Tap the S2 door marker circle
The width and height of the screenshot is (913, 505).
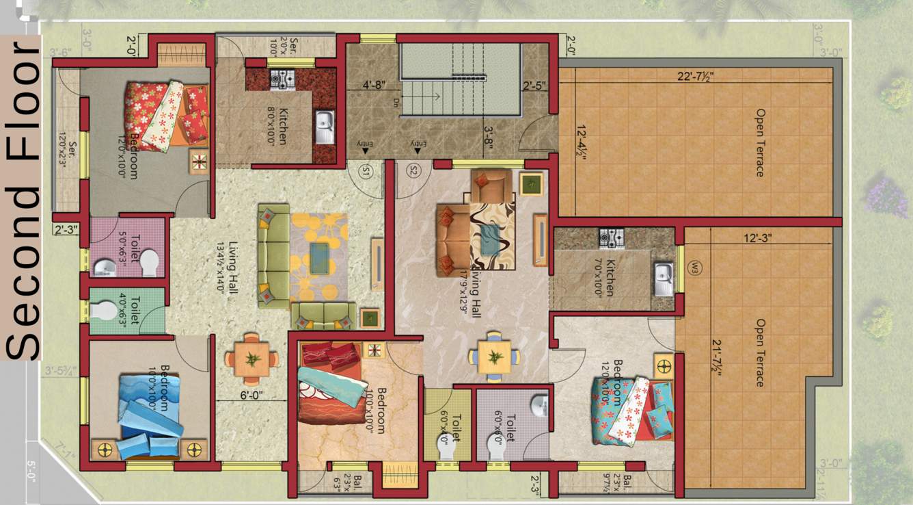click(x=413, y=171)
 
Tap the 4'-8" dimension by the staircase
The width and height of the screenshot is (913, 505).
click(x=374, y=86)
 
